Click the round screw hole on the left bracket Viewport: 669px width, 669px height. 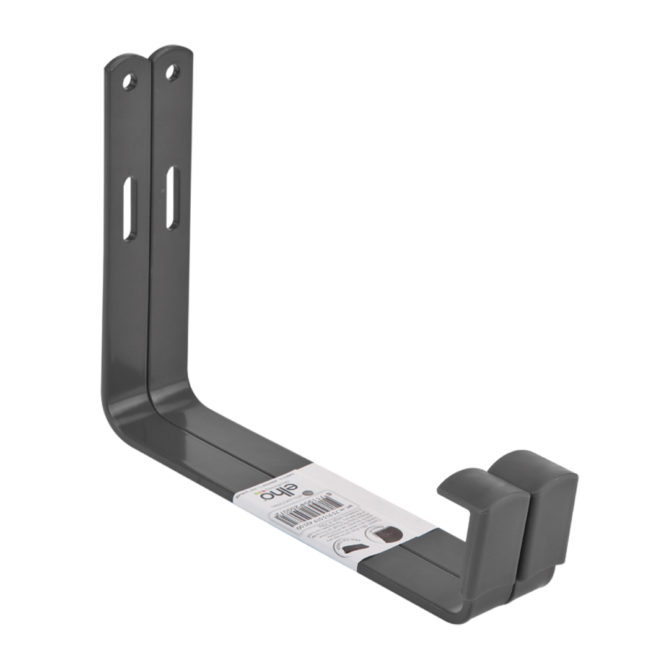coord(129,81)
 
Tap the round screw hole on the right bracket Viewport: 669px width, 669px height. coord(172,72)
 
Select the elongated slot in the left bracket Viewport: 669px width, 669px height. coord(128,208)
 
